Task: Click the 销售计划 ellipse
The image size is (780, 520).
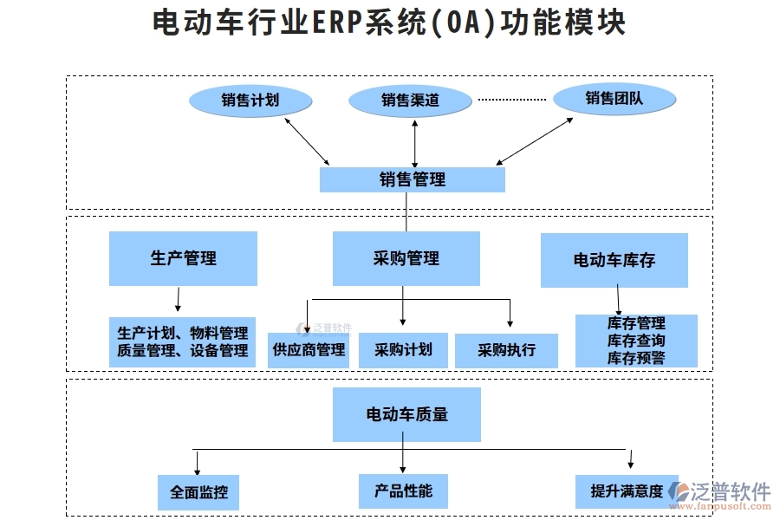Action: click(x=250, y=101)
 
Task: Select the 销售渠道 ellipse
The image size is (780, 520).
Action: click(x=410, y=101)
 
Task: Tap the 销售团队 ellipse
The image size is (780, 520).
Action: click(x=614, y=99)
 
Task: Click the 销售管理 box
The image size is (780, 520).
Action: click(x=413, y=179)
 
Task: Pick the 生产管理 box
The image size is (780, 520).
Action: click(x=183, y=258)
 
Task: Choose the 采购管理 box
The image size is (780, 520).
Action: click(x=406, y=258)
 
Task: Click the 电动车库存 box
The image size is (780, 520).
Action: click(x=614, y=260)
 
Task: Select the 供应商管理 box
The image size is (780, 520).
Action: click(x=309, y=351)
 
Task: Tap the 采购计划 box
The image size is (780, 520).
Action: click(x=403, y=351)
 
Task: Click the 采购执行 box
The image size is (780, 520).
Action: click(x=506, y=351)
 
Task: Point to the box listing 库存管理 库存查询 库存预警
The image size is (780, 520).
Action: click(x=636, y=341)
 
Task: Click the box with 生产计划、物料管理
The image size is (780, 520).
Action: click(x=183, y=341)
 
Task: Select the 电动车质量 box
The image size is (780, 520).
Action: click(x=406, y=414)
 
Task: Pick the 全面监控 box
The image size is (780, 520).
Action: click(x=198, y=491)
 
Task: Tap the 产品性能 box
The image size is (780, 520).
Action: click(x=403, y=491)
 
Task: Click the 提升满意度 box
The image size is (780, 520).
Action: click(x=626, y=491)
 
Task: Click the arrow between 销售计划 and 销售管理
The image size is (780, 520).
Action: click(x=307, y=141)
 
